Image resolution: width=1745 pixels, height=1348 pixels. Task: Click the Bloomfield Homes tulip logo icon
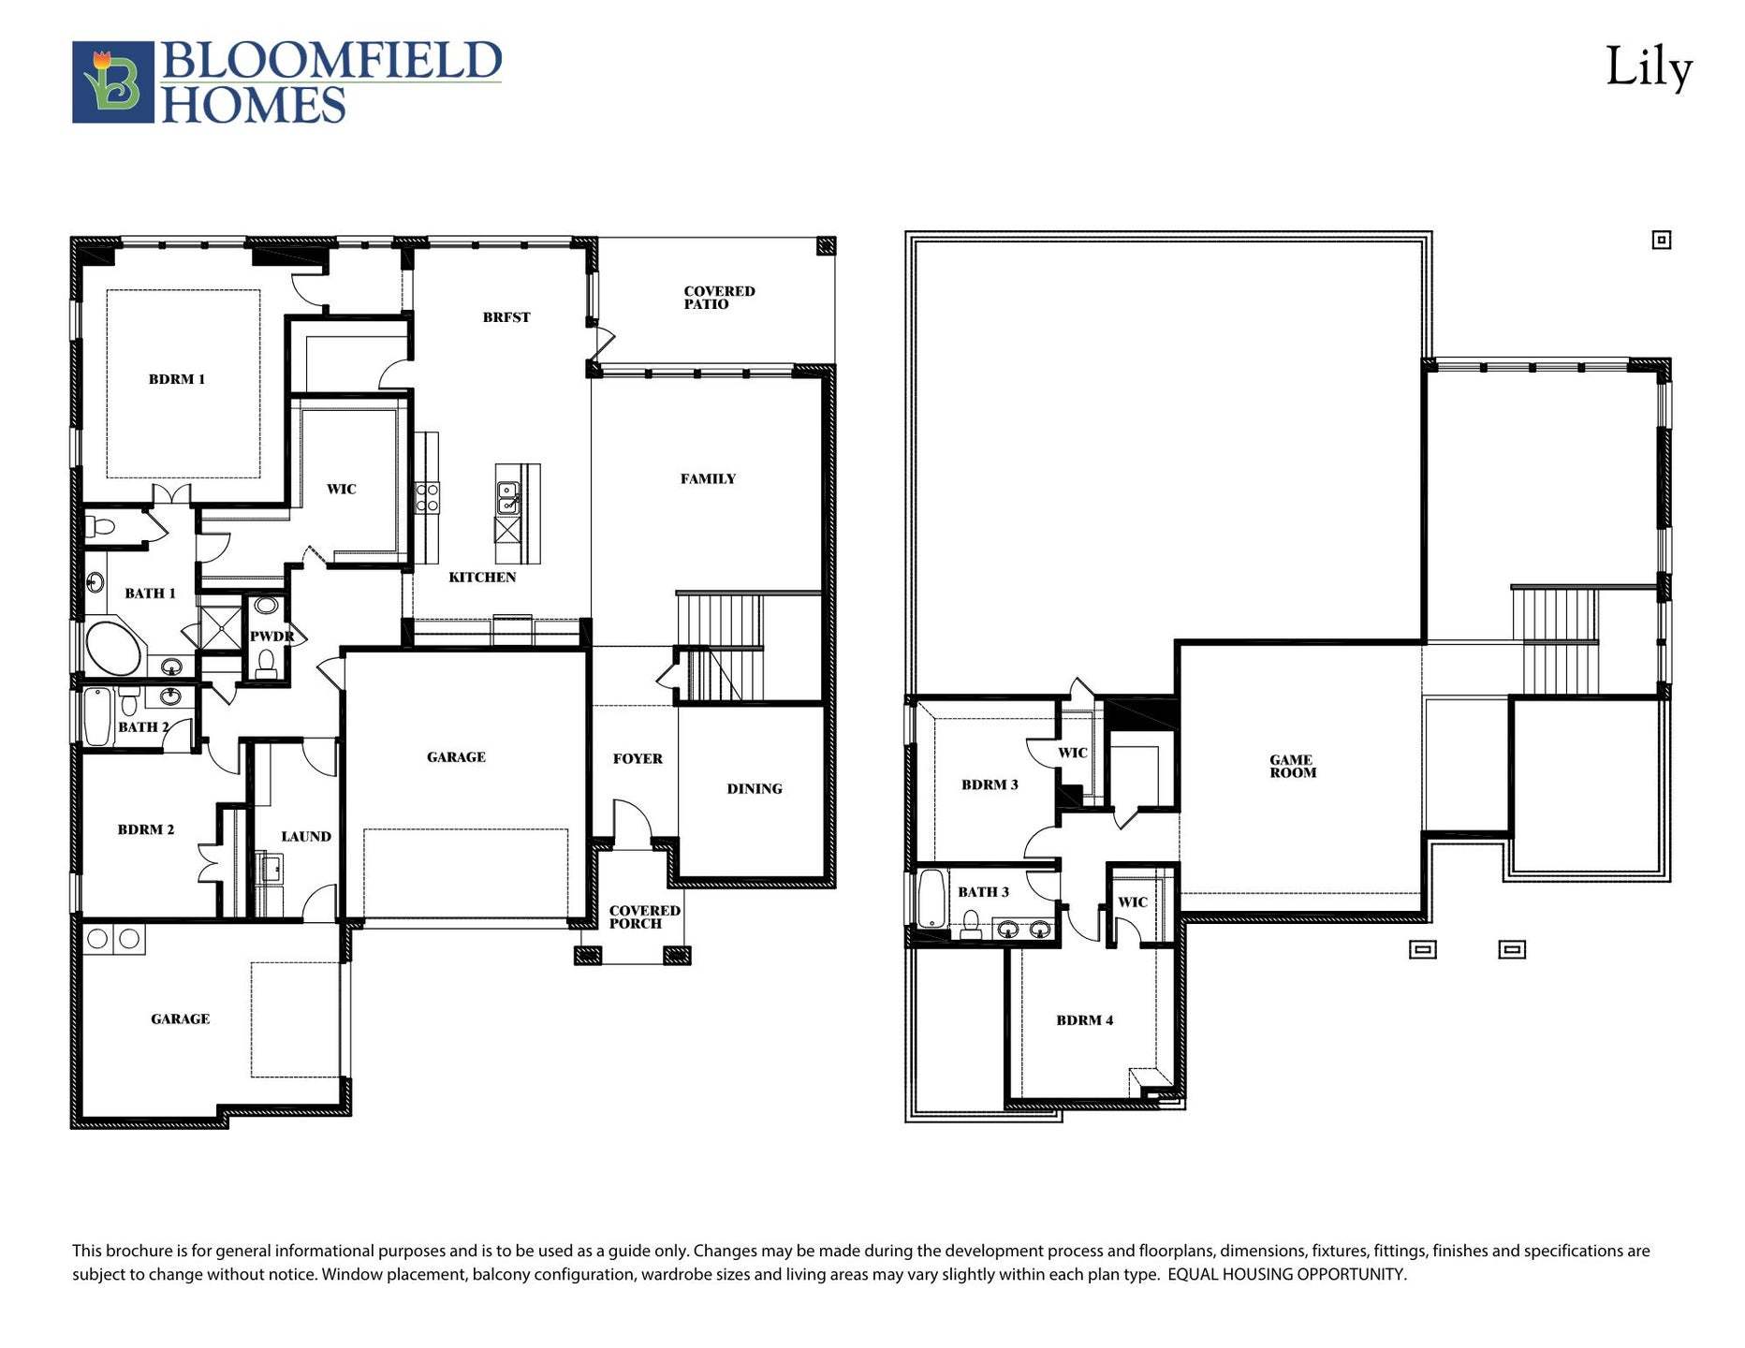tap(112, 81)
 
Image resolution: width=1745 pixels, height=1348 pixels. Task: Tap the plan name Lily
tap(1649, 68)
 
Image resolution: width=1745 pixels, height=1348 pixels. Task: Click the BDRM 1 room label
tap(176, 379)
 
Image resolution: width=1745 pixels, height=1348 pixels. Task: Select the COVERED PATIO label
tap(718, 298)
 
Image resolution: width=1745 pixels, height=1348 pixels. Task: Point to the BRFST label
tap(506, 317)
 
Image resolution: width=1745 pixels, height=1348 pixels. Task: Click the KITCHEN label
tap(482, 578)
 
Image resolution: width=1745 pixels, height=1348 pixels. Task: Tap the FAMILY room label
tap(708, 478)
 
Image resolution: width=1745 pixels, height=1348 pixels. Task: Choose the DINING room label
tap(754, 789)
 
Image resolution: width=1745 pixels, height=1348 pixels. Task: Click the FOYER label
tap(638, 759)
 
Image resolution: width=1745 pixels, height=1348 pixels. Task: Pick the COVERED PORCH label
tap(644, 916)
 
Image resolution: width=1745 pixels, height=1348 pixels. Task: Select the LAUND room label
tap(306, 837)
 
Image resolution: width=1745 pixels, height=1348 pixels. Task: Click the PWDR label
tap(271, 637)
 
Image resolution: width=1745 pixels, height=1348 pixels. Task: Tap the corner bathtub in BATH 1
tap(113, 647)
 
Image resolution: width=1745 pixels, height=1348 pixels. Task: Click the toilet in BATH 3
tap(971, 923)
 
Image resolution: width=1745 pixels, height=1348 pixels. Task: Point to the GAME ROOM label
tap(1292, 767)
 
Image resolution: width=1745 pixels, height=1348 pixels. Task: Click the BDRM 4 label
tap(1084, 1020)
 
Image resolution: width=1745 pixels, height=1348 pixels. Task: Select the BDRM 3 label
tap(990, 784)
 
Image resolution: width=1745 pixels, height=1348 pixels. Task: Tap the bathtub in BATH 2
tap(97, 717)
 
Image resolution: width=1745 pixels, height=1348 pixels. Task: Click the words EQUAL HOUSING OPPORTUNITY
tap(1286, 1274)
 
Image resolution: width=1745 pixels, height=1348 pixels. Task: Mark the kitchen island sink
tap(508, 497)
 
